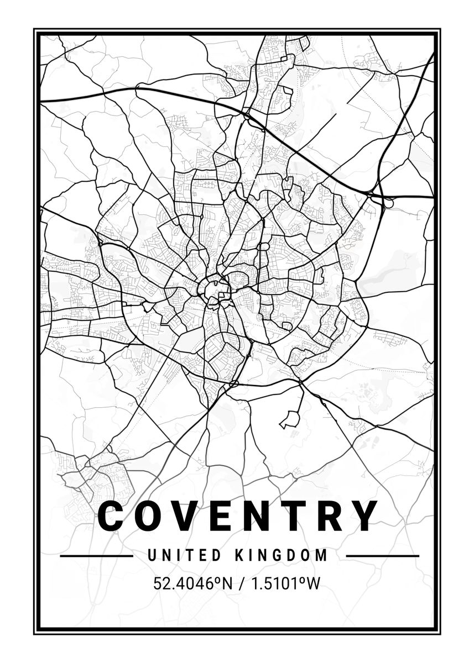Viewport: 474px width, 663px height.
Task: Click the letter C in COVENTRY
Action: pos(112,515)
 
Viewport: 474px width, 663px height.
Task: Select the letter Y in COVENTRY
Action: pos(365,515)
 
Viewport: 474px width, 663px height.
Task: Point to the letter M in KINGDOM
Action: pos(322,555)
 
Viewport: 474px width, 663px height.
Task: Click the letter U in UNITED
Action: pos(152,555)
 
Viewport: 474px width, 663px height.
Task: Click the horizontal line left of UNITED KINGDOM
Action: pos(96,556)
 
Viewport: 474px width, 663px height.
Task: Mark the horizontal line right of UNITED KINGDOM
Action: pos(382,556)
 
